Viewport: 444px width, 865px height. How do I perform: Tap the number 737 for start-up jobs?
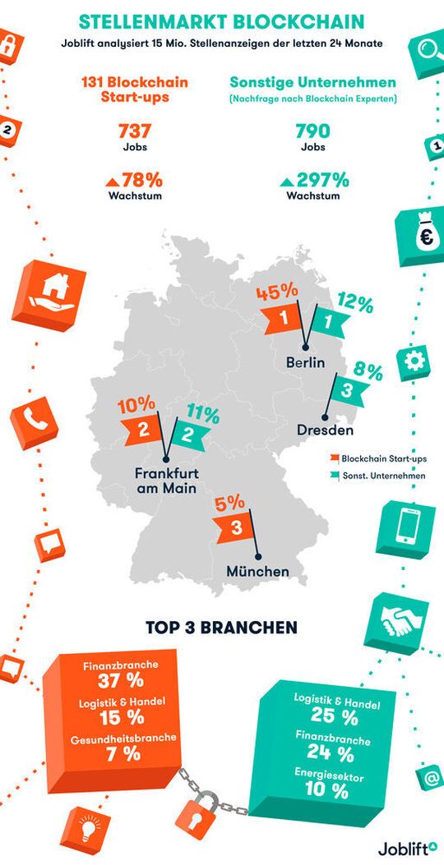(x=134, y=132)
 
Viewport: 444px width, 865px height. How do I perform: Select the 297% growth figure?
(x=321, y=180)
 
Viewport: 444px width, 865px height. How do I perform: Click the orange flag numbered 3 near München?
(x=234, y=529)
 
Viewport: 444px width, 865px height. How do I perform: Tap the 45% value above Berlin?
(x=275, y=292)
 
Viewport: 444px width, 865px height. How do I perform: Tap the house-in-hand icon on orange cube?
(x=53, y=290)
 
